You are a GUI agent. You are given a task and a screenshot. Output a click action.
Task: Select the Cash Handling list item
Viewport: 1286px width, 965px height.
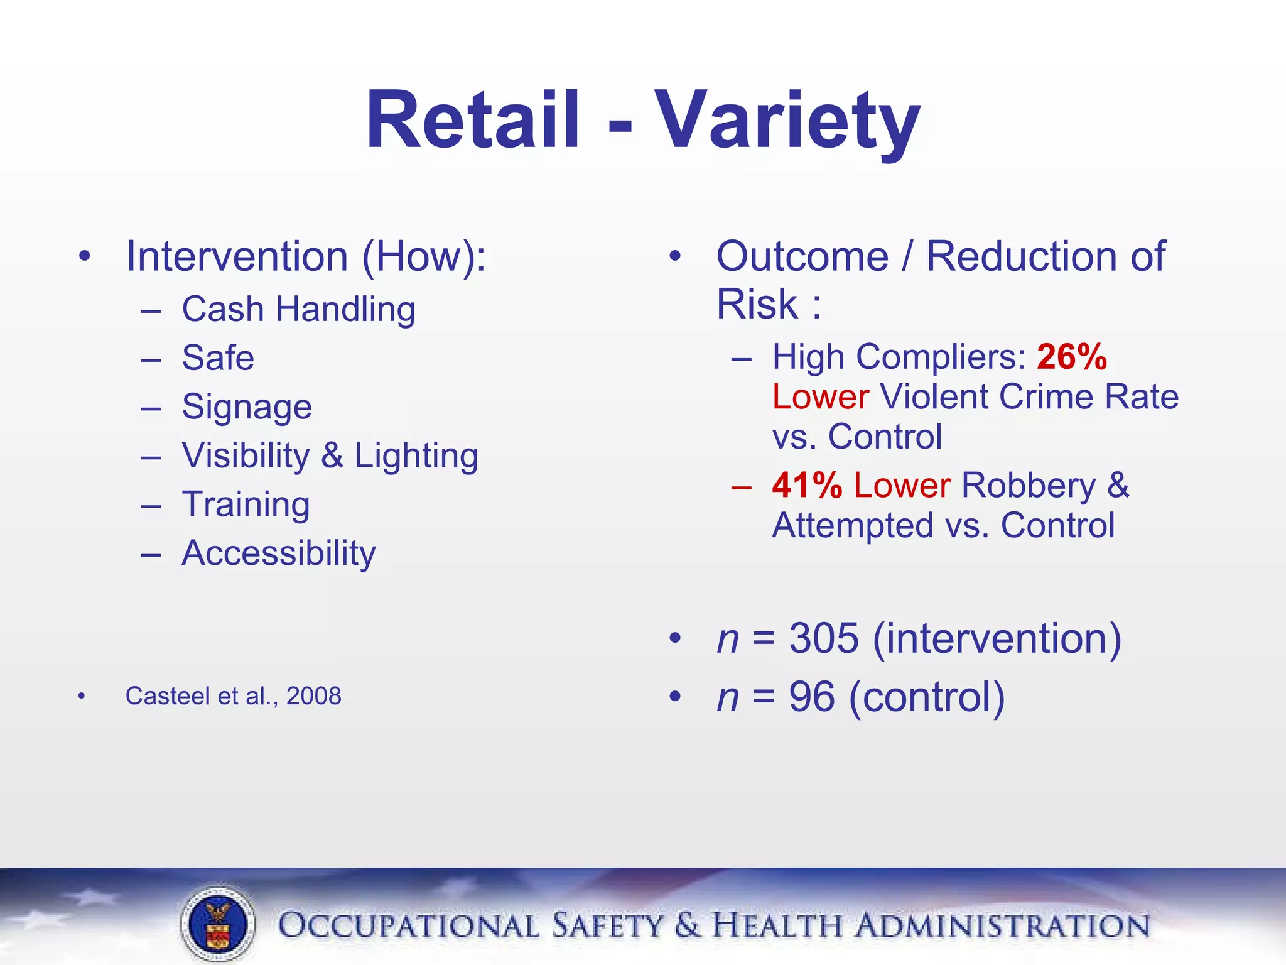point(298,309)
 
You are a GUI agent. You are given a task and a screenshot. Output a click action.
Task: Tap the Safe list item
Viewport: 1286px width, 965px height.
point(218,358)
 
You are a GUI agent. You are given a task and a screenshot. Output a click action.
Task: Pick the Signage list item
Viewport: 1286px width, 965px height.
point(247,407)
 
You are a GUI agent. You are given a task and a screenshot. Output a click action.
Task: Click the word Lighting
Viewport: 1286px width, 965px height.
point(416,455)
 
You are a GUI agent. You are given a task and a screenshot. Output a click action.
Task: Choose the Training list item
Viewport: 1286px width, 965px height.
point(246,504)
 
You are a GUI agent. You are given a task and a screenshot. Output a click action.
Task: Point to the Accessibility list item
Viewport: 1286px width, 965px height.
point(279,553)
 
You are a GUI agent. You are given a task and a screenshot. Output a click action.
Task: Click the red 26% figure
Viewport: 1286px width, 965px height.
point(1071,357)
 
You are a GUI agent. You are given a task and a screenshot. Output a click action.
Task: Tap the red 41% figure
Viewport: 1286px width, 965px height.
point(807,486)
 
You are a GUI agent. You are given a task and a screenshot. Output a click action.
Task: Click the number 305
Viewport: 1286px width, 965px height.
point(823,638)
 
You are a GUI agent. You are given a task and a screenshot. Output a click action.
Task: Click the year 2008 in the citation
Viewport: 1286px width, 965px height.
point(313,696)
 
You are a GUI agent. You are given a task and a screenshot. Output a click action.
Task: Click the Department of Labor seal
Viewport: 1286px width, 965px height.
point(218,924)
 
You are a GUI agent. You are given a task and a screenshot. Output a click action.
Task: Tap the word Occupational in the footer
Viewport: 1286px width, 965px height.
point(408,926)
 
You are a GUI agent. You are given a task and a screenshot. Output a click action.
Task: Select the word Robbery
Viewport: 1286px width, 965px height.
point(1028,486)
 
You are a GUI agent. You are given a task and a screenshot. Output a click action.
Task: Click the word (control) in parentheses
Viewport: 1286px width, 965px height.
point(927,697)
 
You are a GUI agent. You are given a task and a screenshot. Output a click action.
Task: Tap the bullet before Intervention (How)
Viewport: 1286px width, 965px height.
point(85,256)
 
